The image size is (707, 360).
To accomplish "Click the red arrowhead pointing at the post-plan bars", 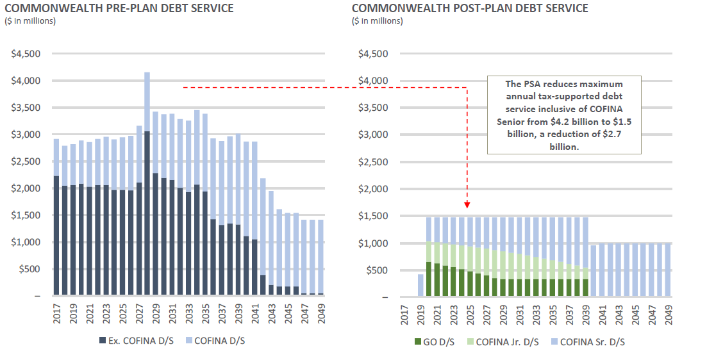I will click(x=467, y=204).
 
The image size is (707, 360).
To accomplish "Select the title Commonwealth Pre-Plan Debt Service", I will click(x=119, y=8).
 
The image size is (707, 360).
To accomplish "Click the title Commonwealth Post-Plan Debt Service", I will click(x=470, y=8).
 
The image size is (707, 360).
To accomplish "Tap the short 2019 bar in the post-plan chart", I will click(x=420, y=286).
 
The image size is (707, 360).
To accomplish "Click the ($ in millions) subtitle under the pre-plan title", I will click(x=30, y=21).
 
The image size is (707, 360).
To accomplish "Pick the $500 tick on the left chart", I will click(x=29, y=269).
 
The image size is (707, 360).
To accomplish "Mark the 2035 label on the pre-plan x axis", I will click(x=205, y=311).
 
